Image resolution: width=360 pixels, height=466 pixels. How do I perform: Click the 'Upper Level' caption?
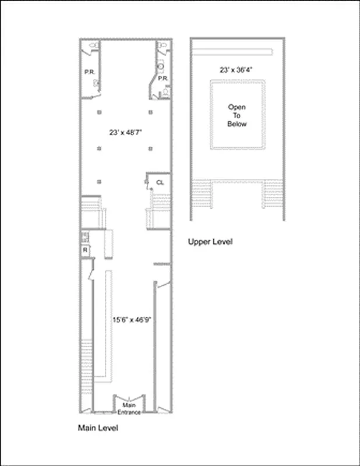(210, 242)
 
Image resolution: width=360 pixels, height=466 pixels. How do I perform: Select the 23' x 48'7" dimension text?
(125, 132)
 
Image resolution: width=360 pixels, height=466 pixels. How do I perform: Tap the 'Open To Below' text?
(237, 115)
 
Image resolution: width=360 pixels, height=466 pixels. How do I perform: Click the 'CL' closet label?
(160, 182)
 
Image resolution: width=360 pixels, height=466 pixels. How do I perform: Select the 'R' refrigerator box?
(84, 250)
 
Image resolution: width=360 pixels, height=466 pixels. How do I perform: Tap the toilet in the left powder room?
(94, 45)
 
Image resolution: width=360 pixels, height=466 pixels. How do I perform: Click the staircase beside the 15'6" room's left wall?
(88, 355)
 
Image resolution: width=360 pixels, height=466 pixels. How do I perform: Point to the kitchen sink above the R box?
(84, 236)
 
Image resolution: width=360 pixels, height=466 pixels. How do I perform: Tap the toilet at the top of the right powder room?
(161, 45)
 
